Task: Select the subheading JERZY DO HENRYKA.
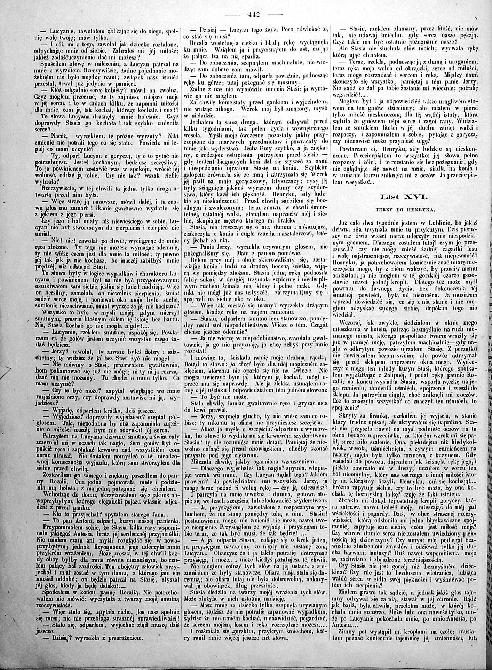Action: pyautogui.click(x=406, y=210)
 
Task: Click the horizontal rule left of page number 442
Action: pyautogui.click(x=233, y=14)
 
